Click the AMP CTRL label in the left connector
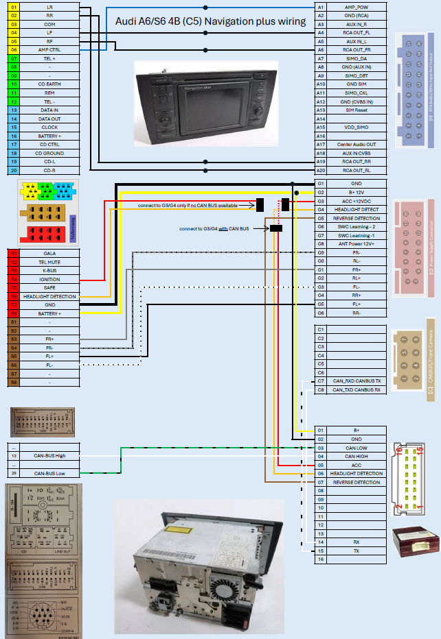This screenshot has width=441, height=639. pos(49,50)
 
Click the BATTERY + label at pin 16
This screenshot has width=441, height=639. pos(49,136)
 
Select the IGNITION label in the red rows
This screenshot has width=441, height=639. pos(49,280)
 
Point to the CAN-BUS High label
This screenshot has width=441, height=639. pos(49,455)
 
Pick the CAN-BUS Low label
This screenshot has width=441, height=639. pos(49,473)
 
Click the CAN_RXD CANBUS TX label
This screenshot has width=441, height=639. pos(356,381)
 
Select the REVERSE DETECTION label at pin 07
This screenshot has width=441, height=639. pos(356,482)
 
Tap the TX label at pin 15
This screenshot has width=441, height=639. pos(356,551)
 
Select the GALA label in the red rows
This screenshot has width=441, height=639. pos(49,253)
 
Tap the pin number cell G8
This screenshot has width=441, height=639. pos(320,243)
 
